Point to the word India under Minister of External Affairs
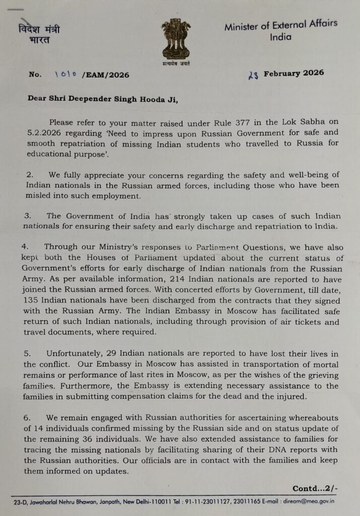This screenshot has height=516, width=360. (x=280, y=37)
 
